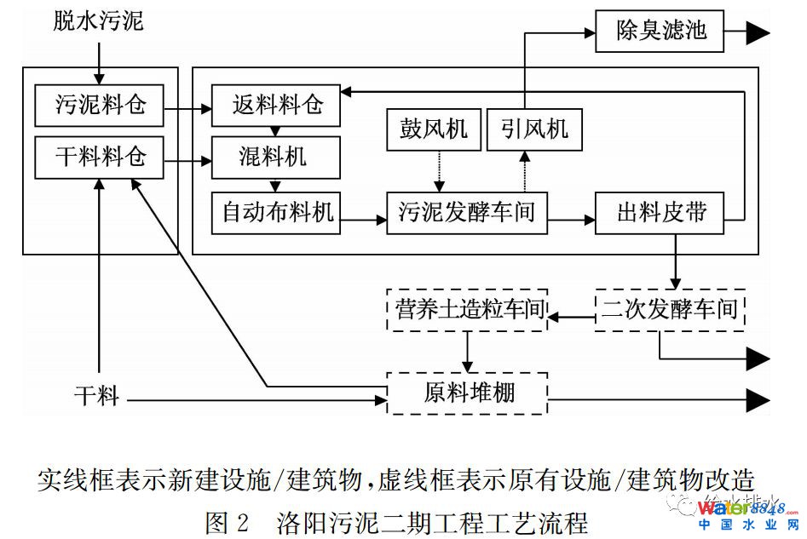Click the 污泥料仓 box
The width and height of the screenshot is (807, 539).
99,105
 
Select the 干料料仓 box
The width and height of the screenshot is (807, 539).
99,158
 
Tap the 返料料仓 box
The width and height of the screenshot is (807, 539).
276,105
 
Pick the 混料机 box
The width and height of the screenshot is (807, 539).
276,158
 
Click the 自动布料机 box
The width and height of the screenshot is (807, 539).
276,212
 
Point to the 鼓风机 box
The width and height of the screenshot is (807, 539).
434,129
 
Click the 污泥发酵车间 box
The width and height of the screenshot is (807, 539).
466,212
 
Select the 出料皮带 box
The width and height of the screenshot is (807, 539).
661,212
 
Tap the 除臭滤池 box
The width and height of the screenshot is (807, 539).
660,32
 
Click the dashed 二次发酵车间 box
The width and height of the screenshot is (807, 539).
669,309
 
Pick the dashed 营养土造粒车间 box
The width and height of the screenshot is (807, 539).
466,309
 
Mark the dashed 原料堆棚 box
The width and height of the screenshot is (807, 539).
466,393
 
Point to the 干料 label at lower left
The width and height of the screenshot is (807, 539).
95,396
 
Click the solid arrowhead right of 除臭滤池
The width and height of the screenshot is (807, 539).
758,32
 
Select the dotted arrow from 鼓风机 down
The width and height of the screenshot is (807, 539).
434,171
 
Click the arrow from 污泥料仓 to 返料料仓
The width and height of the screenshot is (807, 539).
187,109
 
